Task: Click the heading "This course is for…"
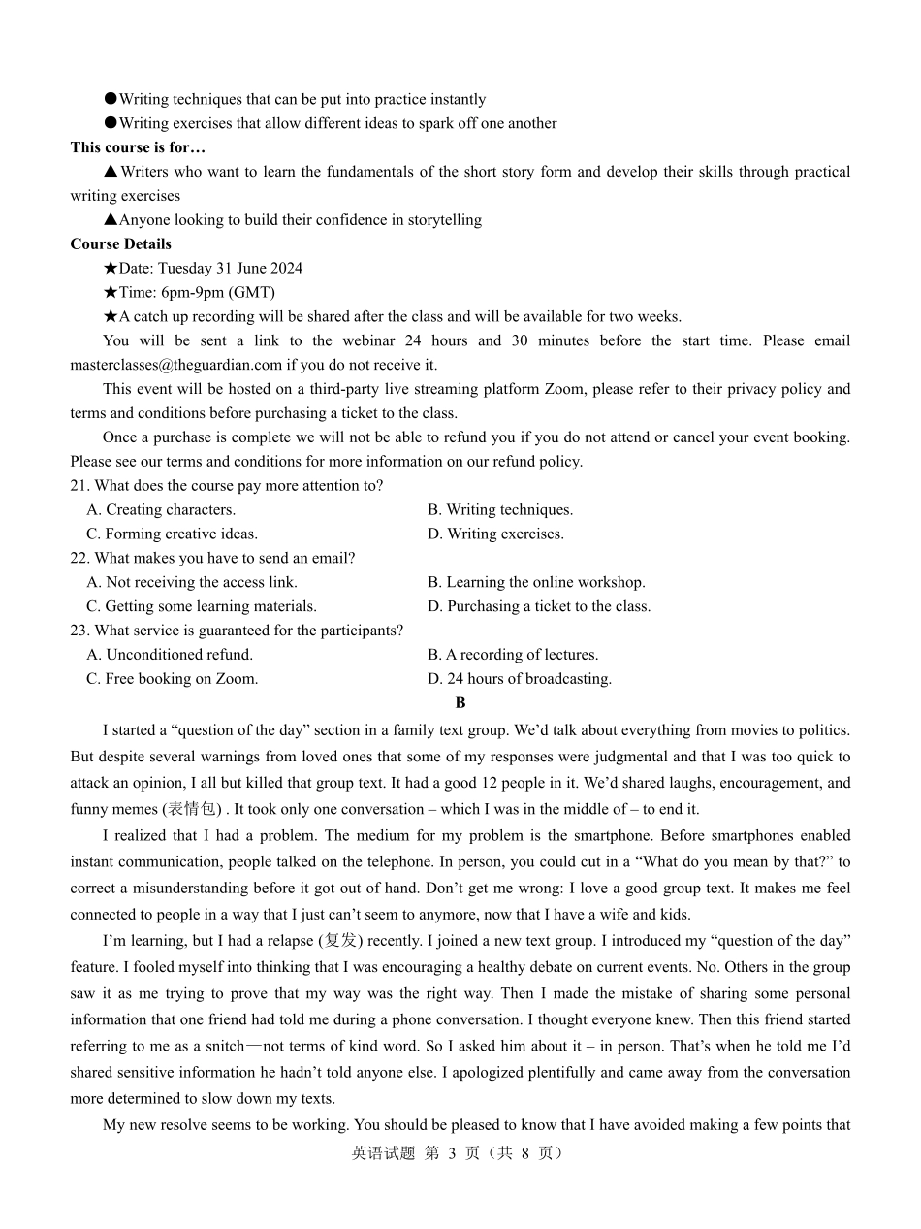coord(138,147)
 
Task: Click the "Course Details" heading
coord(120,244)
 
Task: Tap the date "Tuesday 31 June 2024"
coord(230,269)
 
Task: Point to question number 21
coord(79,486)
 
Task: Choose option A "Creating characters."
coord(161,510)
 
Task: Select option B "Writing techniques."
coord(500,510)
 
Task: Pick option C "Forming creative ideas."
coord(172,534)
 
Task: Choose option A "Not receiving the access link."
coord(192,583)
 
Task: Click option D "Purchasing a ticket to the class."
coord(539,607)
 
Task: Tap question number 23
coord(79,631)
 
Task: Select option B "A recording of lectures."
coord(513,656)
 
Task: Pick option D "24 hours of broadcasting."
coord(520,680)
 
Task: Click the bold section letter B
coord(460,703)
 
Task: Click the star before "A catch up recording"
coord(110,317)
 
